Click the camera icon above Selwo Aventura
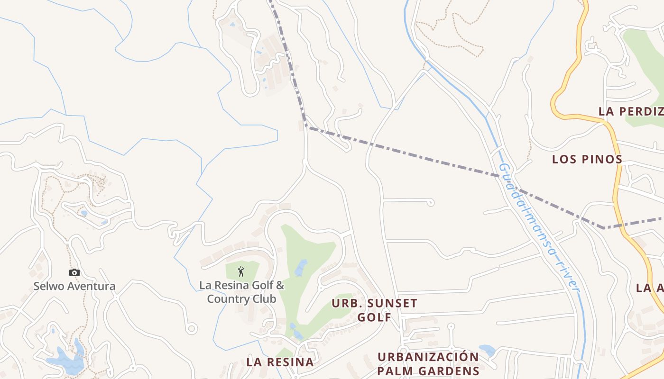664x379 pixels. pyautogui.click(x=74, y=272)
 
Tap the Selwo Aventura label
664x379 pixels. pyautogui.click(x=74, y=286)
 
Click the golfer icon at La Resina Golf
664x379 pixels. pyautogui.click(x=241, y=271)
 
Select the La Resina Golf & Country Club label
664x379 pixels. pyautogui.click(x=241, y=292)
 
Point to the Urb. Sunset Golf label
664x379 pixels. pyautogui.click(x=374, y=310)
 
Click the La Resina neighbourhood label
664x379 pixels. pyautogui.click(x=280, y=362)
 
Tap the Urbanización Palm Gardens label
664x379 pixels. pyautogui.click(x=428, y=363)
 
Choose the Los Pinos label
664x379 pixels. pyautogui.click(x=587, y=159)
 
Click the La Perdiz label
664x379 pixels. pyautogui.click(x=631, y=112)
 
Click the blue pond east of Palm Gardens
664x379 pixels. pyautogui.click(x=487, y=351)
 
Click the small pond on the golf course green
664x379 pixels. pyautogui.click(x=301, y=268)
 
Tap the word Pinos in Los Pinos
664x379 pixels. pyautogui.click(x=604, y=159)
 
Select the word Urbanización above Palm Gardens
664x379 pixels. pyautogui.click(x=428, y=357)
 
